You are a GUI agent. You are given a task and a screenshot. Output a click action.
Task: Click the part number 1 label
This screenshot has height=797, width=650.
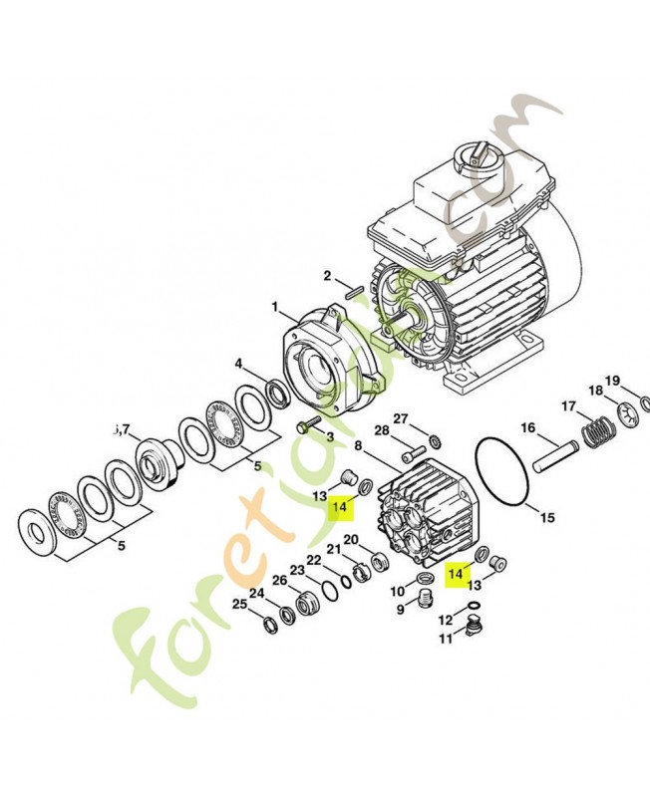click(275, 307)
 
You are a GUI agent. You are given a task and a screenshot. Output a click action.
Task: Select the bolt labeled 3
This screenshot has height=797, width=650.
click(308, 423)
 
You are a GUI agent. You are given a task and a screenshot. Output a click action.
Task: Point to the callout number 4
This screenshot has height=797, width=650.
click(238, 364)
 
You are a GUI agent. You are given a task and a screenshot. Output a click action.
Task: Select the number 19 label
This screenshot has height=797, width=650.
click(612, 381)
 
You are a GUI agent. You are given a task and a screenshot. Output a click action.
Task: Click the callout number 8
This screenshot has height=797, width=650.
click(358, 445)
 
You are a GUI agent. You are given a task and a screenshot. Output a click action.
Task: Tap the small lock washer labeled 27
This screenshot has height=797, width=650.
click(435, 440)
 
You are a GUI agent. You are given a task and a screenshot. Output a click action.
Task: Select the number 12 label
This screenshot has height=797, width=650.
click(445, 620)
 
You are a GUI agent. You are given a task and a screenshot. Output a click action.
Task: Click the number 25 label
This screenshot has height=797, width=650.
click(239, 605)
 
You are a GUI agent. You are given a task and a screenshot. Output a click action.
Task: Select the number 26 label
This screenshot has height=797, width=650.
click(279, 580)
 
